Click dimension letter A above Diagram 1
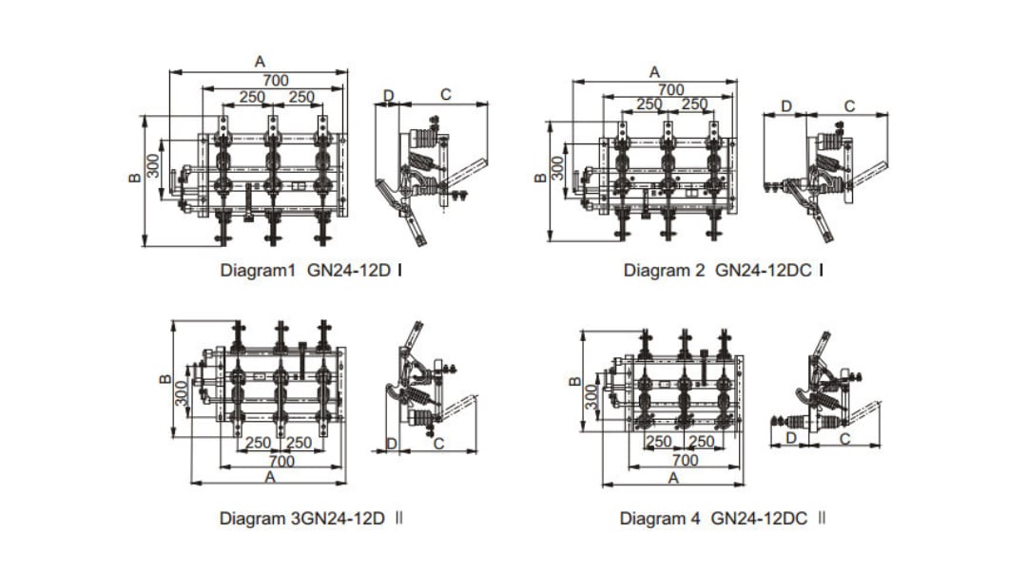coord(260,62)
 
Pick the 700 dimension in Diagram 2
coord(671,89)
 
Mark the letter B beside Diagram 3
coord(165,381)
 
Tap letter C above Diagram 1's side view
coord(445,95)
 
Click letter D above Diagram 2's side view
coord(785,105)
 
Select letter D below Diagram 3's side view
coord(391,444)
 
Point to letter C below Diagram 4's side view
coord(844,438)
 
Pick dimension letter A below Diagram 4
coord(673,478)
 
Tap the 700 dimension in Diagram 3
coord(281,461)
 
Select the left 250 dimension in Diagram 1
coord(252,97)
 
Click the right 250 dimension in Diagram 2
coord(694,104)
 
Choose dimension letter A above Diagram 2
coord(654,72)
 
